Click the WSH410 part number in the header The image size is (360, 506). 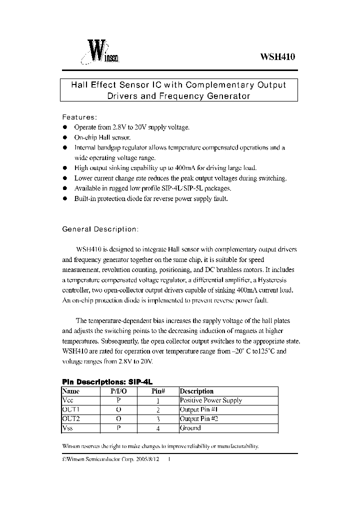pyautogui.click(x=278, y=57)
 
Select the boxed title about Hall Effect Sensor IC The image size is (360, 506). pyautogui.click(x=179, y=90)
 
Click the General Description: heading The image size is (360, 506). pyautogui.click(x=99, y=229)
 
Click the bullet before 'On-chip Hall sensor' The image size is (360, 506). pyautogui.click(x=65, y=137)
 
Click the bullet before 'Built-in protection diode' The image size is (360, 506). pyautogui.click(x=65, y=198)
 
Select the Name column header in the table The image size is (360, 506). pyautogui.click(x=71, y=391)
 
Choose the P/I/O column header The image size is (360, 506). pyautogui.click(x=119, y=391)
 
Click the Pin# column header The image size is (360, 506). pyautogui.click(x=158, y=391)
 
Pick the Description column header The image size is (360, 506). pyautogui.click(x=196, y=391)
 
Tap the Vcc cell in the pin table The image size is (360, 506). pyautogui.click(x=67, y=400)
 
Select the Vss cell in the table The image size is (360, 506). pyautogui.click(x=67, y=427)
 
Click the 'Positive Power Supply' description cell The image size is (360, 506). pyautogui.click(x=210, y=400)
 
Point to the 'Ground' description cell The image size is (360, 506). pyautogui.click(x=190, y=427)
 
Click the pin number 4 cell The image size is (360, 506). pyautogui.click(x=158, y=428)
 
